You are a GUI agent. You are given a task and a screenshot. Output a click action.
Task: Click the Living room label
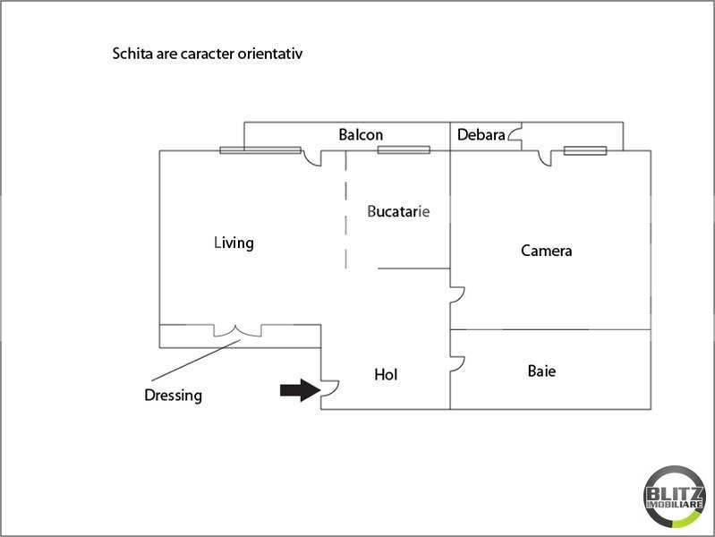[x=234, y=243]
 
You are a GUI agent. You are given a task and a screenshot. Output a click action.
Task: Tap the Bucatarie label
[x=398, y=211]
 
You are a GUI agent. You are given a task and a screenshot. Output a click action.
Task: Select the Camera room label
[x=546, y=251]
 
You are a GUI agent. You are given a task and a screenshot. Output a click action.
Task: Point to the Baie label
[x=541, y=371]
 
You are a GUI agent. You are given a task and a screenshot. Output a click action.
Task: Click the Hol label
[x=386, y=375]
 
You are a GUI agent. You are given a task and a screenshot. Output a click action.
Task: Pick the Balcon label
[x=361, y=134]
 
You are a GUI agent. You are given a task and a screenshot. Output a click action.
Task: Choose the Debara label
[x=481, y=134]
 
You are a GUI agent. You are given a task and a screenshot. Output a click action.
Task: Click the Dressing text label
[x=174, y=396]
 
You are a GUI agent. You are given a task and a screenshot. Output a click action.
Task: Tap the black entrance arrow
[x=300, y=390]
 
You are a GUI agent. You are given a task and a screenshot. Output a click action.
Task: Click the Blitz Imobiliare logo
[x=675, y=497]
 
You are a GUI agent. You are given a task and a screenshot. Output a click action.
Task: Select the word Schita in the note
[x=132, y=54]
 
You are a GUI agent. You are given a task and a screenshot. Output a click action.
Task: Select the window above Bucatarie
[x=404, y=150]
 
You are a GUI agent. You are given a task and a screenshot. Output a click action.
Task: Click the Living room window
[x=260, y=150]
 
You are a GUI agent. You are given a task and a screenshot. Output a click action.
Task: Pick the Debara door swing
[x=515, y=134]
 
